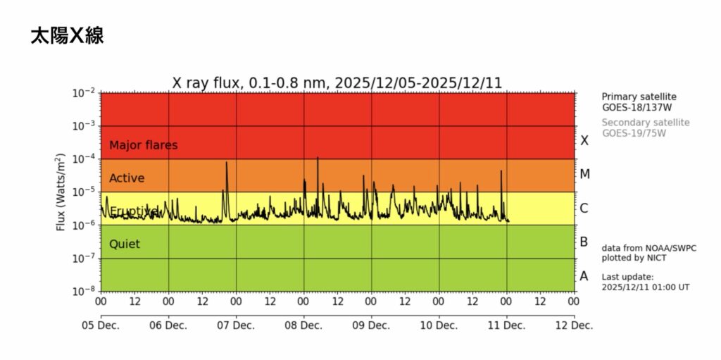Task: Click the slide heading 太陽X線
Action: (x=68, y=36)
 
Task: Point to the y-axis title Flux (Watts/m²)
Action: (x=61, y=192)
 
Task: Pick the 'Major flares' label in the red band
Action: (x=143, y=145)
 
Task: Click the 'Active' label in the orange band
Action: (x=127, y=178)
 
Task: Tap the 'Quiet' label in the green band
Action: (x=125, y=244)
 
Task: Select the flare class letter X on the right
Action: (x=584, y=141)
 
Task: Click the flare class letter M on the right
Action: (x=584, y=174)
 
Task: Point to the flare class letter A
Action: (x=584, y=276)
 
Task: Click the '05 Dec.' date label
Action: (x=100, y=325)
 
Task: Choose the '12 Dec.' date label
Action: (x=574, y=325)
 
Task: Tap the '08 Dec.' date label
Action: (x=303, y=325)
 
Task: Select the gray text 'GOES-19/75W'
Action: (x=633, y=132)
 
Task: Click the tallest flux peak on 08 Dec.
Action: (x=318, y=159)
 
